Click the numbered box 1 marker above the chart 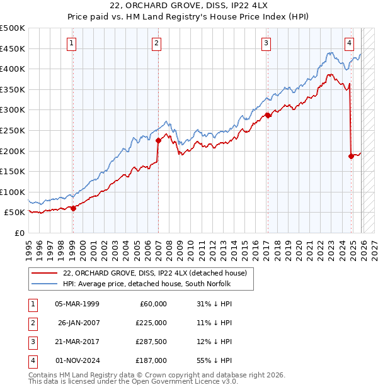(x=72, y=43)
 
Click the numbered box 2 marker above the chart (x=156, y=43)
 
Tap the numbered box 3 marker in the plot (x=266, y=43)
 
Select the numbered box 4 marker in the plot (x=349, y=43)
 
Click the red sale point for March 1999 (x=73, y=208)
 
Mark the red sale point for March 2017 (x=268, y=115)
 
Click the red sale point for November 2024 (x=351, y=156)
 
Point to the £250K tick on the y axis (x=13, y=130)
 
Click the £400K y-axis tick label (x=13, y=69)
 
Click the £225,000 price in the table (x=152, y=322)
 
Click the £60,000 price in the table (x=153, y=303)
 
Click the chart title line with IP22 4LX (x=190, y=7)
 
